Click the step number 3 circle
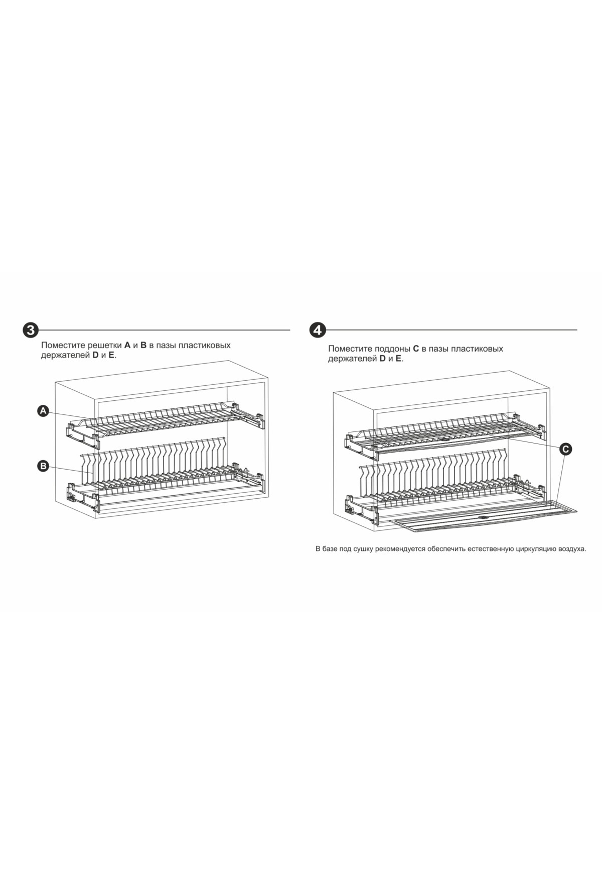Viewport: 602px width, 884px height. pos(31,330)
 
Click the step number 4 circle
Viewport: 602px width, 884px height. pos(318,330)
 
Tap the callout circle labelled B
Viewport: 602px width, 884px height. pos(44,467)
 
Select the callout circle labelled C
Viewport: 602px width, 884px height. pos(565,449)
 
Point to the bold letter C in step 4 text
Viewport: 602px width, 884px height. pos(415,349)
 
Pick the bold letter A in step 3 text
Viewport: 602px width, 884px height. pos(127,346)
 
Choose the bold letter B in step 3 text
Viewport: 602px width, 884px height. pos(143,346)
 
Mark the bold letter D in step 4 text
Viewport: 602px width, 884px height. pos(382,359)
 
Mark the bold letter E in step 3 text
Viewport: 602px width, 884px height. pos(111,356)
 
